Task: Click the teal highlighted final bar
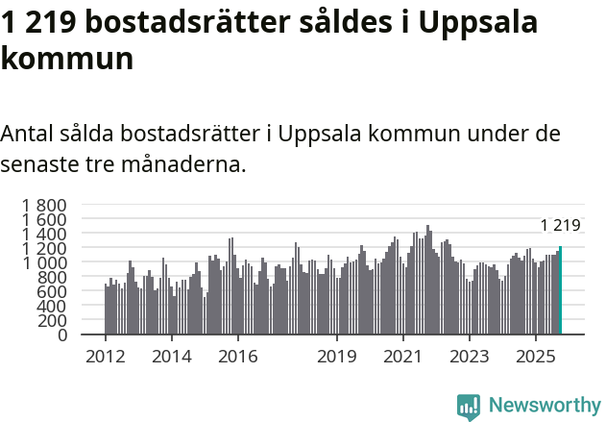point(560,290)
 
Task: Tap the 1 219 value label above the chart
point(560,226)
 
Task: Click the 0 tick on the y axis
point(61,335)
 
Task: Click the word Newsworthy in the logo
point(544,405)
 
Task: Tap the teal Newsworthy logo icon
point(469,406)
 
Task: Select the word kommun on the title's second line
point(66,60)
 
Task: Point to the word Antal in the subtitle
point(28,133)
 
